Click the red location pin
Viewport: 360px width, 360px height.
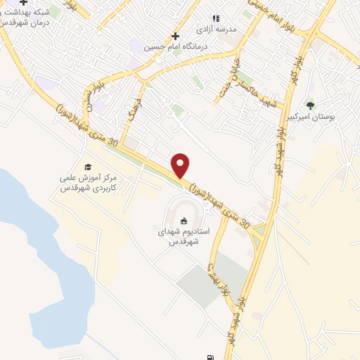pos(181,165)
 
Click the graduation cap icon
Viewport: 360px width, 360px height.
pos(89,167)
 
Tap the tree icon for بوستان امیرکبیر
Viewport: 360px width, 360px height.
pos(310,105)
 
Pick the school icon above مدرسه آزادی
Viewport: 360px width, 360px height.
pos(217,18)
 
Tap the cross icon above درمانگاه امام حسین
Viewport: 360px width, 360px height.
pos(175,35)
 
